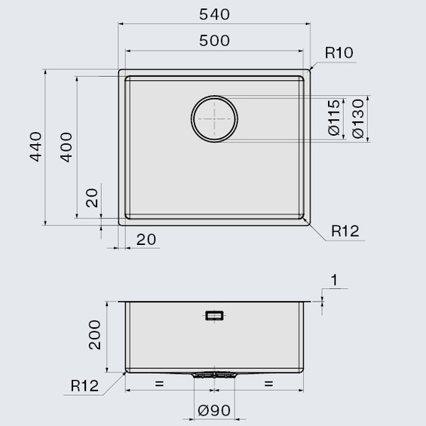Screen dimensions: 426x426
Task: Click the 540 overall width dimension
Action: coord(214,14)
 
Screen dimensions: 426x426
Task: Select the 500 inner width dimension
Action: coord(214,41)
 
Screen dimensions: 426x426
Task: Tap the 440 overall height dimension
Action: coord(36,147)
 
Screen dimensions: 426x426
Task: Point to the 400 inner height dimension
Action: coord(66,147)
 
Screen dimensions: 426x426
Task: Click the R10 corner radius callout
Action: coord(339,53)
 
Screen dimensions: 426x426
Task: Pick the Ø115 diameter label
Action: coord(334,118)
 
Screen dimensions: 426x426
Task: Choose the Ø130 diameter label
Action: coord(358,118)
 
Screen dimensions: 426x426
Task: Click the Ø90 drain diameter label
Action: coord(214,410)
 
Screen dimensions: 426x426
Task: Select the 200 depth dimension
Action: coord(94,335)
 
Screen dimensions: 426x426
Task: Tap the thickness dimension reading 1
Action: coord(335,280)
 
